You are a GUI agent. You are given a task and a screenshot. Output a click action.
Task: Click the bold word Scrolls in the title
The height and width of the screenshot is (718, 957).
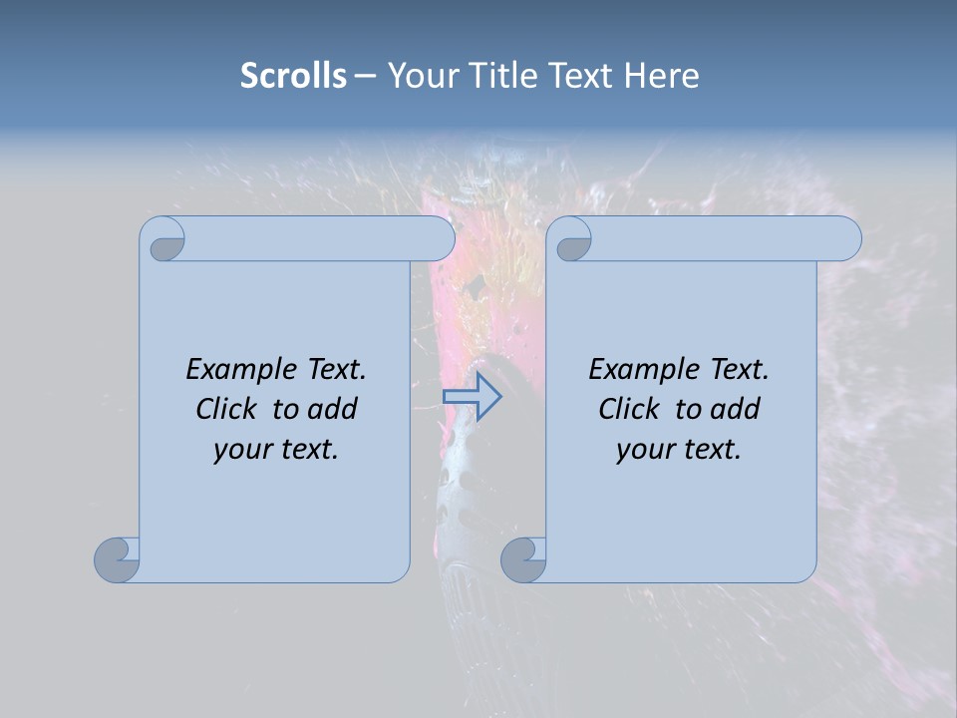click(293, 75)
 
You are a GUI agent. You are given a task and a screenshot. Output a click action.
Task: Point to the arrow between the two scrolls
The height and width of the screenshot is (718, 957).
click(472, 397)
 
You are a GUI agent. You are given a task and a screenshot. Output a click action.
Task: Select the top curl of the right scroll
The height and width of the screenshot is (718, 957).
click(572, 240)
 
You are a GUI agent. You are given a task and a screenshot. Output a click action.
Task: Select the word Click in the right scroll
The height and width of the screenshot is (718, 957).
click(628, 409)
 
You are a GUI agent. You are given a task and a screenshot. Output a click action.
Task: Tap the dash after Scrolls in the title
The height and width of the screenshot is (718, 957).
click(366, 76)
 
